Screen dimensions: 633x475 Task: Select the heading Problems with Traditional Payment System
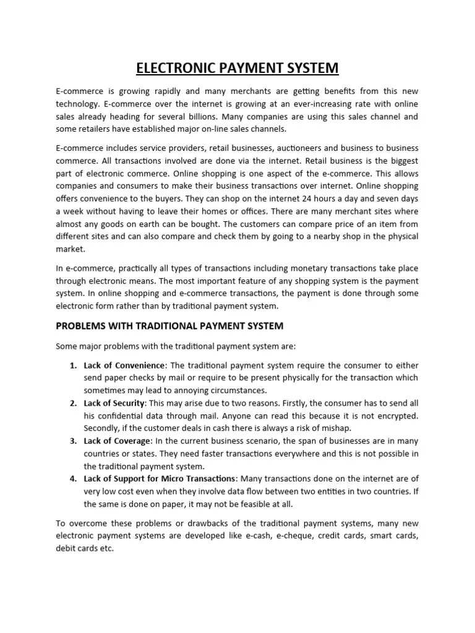pyautogui.click(x=169, y=326)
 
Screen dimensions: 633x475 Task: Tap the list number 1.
pyautogui.click(x=72, y=365)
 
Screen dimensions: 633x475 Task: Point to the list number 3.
pyautogui.click(x=72, y=441)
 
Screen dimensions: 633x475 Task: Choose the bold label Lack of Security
pyautogui.click(x=114, y=403)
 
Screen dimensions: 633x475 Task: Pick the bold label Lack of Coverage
pyautogui.click(x=117, y=441)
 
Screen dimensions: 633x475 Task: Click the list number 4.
pyautogui.click(x=72, y=478)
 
